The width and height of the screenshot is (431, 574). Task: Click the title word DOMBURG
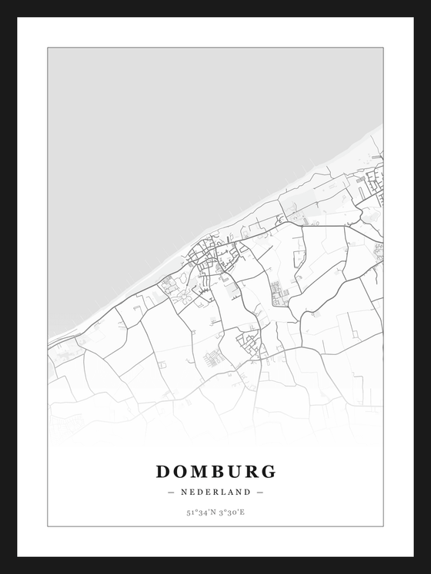(x=215, y=471)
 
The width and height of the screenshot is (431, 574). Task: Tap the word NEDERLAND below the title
(x=215, y=492)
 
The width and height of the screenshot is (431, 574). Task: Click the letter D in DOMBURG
(x=163, y=471)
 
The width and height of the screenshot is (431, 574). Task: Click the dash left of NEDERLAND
(x=171, y=492)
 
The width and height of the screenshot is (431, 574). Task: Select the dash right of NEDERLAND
(x=260, y=492)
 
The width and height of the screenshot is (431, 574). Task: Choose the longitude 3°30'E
(x=232, y=512)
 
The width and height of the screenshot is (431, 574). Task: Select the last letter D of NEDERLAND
(x=248, y=492)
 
